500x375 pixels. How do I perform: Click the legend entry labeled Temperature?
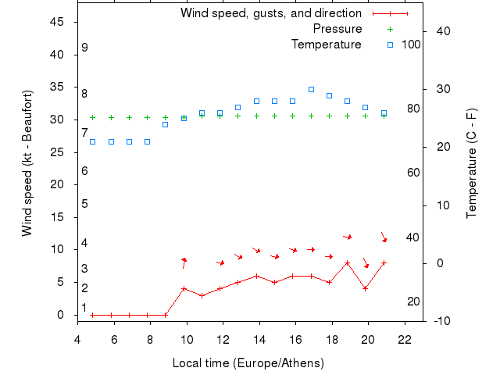point(327,45)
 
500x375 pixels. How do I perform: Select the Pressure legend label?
point(337,29)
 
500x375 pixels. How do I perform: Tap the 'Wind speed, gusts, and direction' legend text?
point(271,13)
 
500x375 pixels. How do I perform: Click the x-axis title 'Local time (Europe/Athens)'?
point(248,363)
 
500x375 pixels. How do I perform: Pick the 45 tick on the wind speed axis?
point(57,22)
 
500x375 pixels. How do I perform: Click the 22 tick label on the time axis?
point(405,340)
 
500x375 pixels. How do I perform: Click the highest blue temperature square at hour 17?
point(311,89)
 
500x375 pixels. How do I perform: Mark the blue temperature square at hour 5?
point(93,141)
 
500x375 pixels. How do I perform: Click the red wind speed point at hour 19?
point(348,262)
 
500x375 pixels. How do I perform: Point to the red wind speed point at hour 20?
point(366,288)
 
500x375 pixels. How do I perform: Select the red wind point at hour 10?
point(184,288)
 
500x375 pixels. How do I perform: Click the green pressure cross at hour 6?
point(111,118)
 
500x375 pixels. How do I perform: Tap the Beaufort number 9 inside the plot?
point(84,48)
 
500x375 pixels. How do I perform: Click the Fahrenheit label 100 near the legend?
point(411,45)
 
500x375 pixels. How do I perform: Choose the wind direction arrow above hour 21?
point(384,237)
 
